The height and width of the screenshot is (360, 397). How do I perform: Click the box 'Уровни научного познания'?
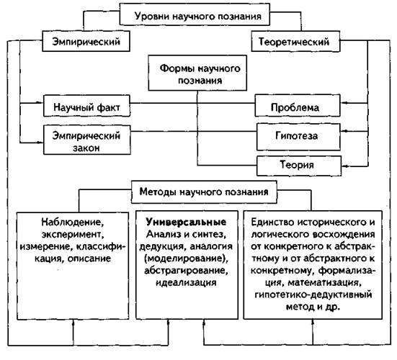195,14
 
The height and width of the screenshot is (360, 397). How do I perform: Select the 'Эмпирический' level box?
86,41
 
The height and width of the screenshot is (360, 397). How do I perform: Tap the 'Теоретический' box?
295,41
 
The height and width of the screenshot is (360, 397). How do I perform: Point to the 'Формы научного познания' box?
197,73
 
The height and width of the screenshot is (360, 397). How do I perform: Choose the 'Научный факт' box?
86,106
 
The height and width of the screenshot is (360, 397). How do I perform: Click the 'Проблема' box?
298,106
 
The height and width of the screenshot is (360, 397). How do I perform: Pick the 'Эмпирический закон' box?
87,140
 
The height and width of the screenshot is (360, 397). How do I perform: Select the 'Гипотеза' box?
298,137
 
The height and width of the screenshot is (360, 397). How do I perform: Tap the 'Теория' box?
299,166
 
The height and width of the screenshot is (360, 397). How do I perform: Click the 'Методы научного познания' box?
204,192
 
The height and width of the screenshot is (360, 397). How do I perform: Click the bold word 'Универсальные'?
186,222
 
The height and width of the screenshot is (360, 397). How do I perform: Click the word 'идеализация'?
186,282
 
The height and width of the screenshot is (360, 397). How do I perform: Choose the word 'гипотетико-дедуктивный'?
313,294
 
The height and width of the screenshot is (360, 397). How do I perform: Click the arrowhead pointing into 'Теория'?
344,166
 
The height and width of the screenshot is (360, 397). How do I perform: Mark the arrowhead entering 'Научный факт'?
40,102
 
